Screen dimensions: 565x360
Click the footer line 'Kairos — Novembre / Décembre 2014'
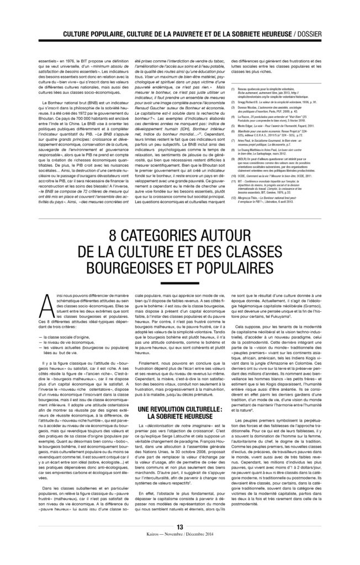point(179,551)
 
